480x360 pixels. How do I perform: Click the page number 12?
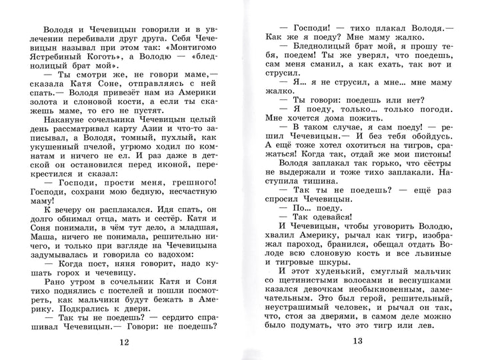pyautogui.click(x=121, y=342)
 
